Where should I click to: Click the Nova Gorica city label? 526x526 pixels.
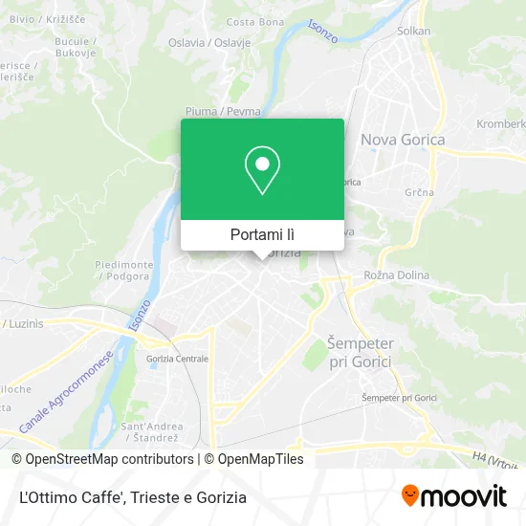[402, 140]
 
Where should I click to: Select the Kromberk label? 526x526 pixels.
[501, 124]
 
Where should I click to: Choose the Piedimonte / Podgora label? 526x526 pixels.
[124, 270]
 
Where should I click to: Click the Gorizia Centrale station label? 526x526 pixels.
[177, 359]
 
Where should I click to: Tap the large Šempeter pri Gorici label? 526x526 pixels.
[360, 351]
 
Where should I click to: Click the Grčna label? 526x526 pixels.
[420, 192]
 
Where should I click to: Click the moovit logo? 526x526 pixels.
[453, 496]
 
